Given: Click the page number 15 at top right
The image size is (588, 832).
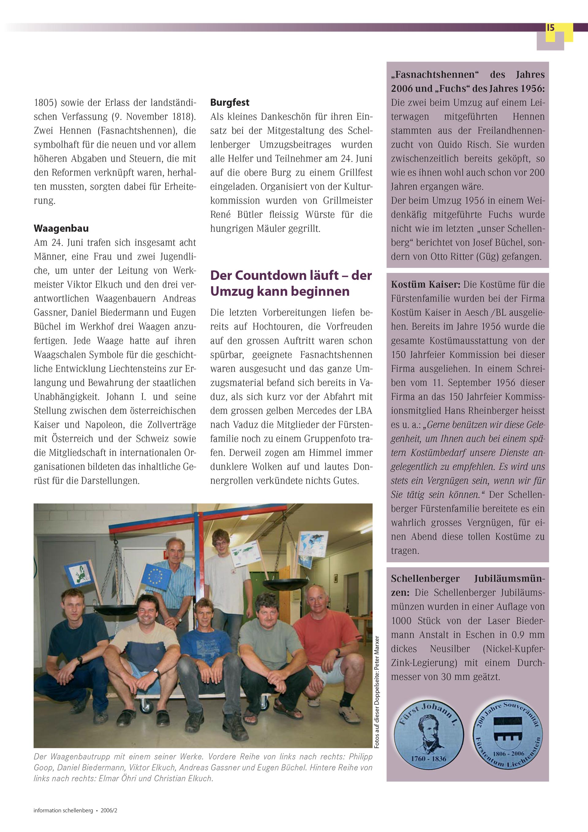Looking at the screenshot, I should (550, 28).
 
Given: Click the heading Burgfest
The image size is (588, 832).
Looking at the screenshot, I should (229, 103).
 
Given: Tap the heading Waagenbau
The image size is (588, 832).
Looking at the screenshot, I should (61, 228).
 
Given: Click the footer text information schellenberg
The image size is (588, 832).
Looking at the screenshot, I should (63, 811).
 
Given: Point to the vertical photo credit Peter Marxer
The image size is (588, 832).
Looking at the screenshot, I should (377, 692).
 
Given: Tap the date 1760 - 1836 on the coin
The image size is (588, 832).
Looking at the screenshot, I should (428, 759).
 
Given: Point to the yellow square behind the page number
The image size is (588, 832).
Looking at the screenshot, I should (567, 33).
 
